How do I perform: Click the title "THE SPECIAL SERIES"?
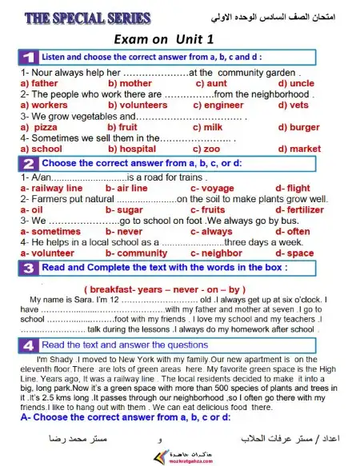(78, 18)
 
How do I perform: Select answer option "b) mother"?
(130, 83)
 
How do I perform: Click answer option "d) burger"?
(298, 127)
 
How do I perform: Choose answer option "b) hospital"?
(132, 149)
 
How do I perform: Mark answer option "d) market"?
(299, 149)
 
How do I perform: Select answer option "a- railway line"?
(51, 188)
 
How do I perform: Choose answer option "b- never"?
(124, 231)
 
